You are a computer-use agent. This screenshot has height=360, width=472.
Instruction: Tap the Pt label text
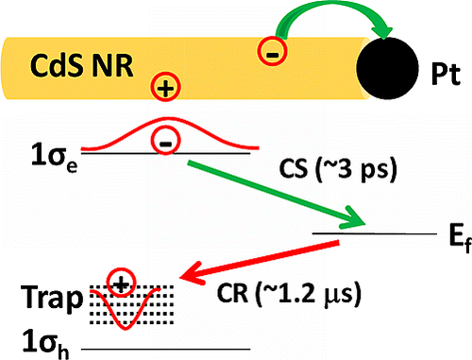tap(443, 70)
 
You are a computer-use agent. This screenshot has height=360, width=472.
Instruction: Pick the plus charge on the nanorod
tap(167, 90)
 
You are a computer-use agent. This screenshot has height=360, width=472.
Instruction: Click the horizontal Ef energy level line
tap(360, 231)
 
